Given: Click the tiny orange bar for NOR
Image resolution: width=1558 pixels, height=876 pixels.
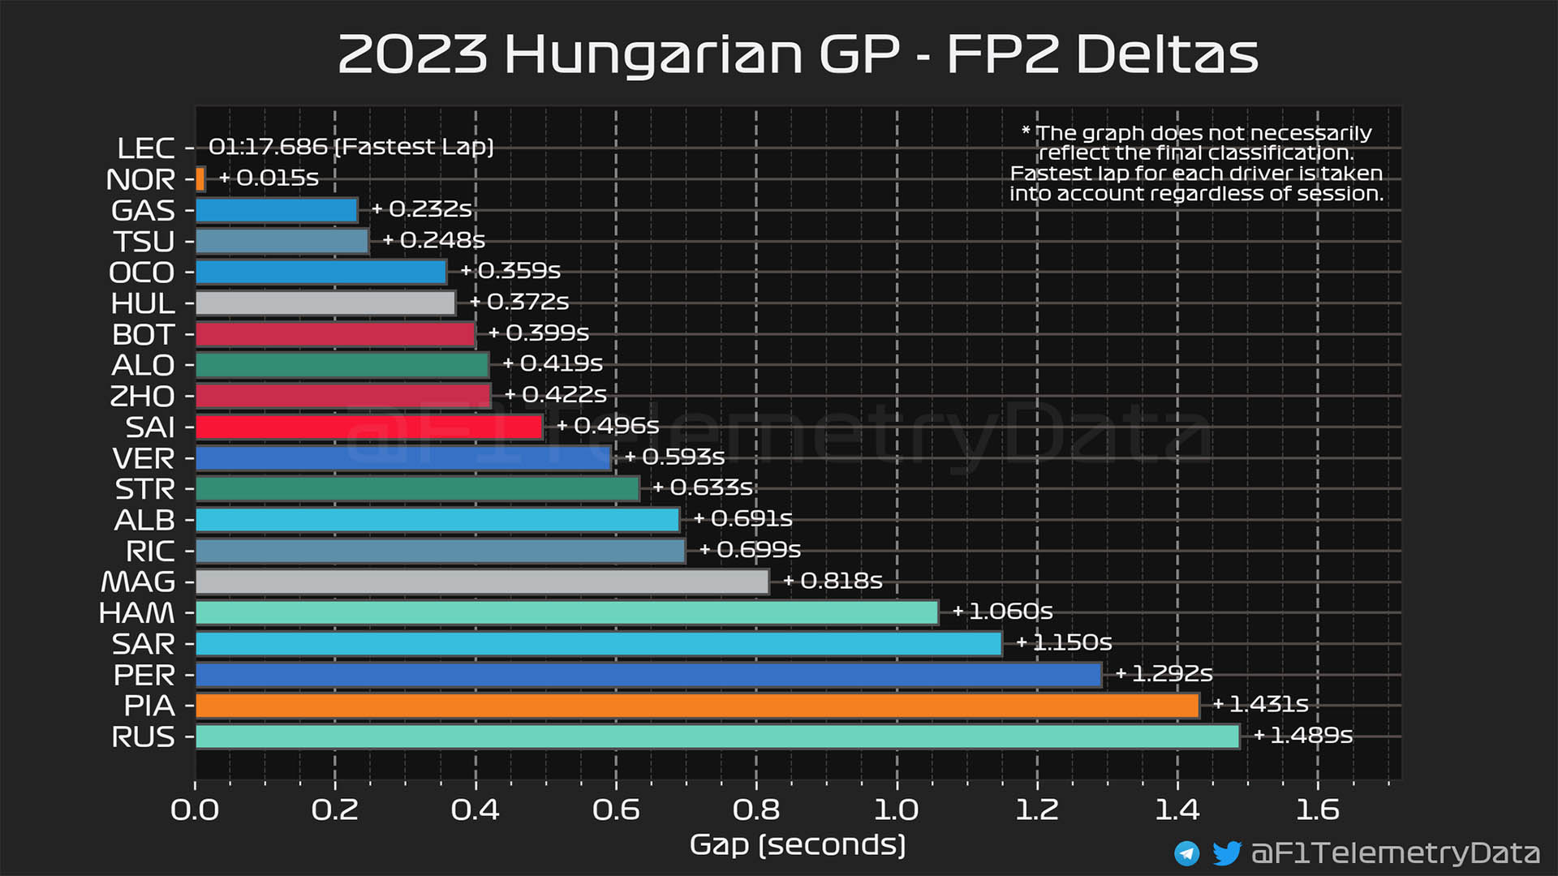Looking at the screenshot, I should click(x=200, y=178).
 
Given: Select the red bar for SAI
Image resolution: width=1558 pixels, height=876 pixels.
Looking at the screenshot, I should click(x=369, y=427).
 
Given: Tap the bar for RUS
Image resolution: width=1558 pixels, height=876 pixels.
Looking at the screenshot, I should click(x=717, y=736).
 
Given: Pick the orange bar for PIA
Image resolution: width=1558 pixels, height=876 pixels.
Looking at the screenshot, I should click(x=697, y=706).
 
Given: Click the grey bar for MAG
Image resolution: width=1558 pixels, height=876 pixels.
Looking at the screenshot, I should click(x=482, y=582).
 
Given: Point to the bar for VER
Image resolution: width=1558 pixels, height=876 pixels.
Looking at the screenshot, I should click(x=403, y=458).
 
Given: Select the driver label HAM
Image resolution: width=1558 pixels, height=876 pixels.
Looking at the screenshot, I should click(x=136, y=612).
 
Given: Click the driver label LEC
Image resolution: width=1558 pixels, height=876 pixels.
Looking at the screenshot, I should click(x=145, y=148).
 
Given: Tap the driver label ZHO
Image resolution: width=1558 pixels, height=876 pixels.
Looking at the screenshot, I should click(x=142, y=396).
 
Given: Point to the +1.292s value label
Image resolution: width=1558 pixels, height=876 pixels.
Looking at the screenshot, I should click(x=1164, y=673).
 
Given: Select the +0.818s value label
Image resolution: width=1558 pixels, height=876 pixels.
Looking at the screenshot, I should click(x=833, y=581).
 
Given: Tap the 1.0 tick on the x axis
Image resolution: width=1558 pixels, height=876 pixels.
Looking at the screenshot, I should click(x=896, y=809).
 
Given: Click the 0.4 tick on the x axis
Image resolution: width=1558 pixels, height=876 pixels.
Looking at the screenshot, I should click(x=475, y=809).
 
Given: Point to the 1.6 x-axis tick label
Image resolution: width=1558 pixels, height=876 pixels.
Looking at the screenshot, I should click(x=1317, y=809).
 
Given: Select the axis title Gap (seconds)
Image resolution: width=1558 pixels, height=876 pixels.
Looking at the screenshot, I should click(x=797, y=844).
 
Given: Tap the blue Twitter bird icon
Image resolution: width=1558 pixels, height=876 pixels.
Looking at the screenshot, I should click(x=1226, y=852).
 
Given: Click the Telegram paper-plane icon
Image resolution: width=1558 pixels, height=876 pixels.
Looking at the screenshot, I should click(x=1186, y=852).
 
